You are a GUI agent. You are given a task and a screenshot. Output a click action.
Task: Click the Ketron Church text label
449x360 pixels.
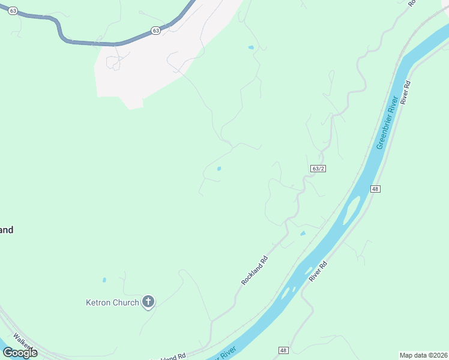pyautogui.click(x=113, y=302)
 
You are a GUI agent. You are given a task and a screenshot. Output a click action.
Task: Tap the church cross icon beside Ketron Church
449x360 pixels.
pyautogui.click(x=148, y=302)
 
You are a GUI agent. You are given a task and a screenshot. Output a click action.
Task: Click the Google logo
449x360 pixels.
pyautogui.click(x=20, y=353)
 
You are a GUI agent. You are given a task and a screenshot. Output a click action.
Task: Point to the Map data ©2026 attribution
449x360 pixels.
pyautogui.click(x=424, y=355)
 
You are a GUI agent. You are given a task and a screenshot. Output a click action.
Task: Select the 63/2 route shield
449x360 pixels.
pyautogui.click(x=318, y=169)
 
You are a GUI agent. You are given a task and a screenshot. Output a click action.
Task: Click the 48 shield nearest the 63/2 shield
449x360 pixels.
pyautogui.click(x=375, y=189)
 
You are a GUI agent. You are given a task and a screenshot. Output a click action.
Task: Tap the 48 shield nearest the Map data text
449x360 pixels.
pyautogui.click(x=284, y=350)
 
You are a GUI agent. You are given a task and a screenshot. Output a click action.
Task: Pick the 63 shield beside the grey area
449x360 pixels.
pyautogui.click(x=155, y=31)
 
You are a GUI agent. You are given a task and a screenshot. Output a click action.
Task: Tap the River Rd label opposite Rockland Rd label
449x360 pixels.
pyautogui.click(x=318, y=272)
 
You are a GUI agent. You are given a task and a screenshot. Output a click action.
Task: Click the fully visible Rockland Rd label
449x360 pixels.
pyautogui.click(x=254, y=271)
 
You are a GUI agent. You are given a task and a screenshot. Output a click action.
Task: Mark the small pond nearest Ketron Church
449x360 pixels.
pyautogui.click(x=104, y=280)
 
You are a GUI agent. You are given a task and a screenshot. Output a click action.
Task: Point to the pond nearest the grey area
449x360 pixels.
pyautogui.click(x=251, y=47)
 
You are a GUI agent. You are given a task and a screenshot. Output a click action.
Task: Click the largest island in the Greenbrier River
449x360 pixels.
pyautogui.click(x=351, y=209)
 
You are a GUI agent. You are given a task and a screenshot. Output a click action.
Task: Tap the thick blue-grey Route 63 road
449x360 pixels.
pyautogui.click(x=90, y=42)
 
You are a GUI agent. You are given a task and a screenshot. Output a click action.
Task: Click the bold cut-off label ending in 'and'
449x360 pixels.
pyautogui.click(x=6, y=230)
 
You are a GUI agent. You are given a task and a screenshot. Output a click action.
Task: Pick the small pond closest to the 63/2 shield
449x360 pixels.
pyautogui.click(x=303, y=233)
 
